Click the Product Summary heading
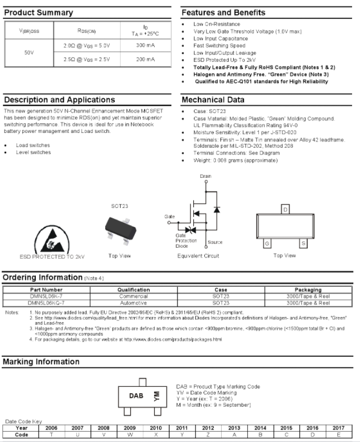pyautogui.click(x=39, y=12)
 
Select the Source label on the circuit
pyautogui.click(x=215, y=242)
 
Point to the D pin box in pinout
pyautogui.click(x=284, y=210)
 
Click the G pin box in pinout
pyautogui.click(x=266, y=243)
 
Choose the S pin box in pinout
pyautogui.click(x=303, y=243)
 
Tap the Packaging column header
pyautogui.click(x=309, y=290)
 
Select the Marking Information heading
pyautogui.click(x=42, y=362)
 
